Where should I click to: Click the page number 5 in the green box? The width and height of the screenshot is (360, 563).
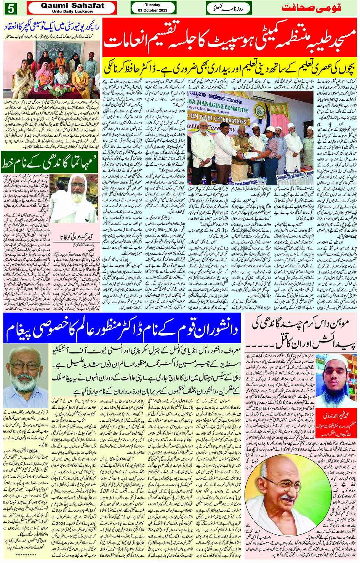(11, 7)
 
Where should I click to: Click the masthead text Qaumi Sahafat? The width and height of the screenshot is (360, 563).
(72, 5)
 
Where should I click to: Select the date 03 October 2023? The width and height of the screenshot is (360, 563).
(152, 10)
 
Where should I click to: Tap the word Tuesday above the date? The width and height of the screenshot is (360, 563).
(152, 5)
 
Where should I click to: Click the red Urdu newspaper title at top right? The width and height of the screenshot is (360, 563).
(311, 8)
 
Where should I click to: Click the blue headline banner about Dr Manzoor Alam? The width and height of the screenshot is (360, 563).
(122, 328)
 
